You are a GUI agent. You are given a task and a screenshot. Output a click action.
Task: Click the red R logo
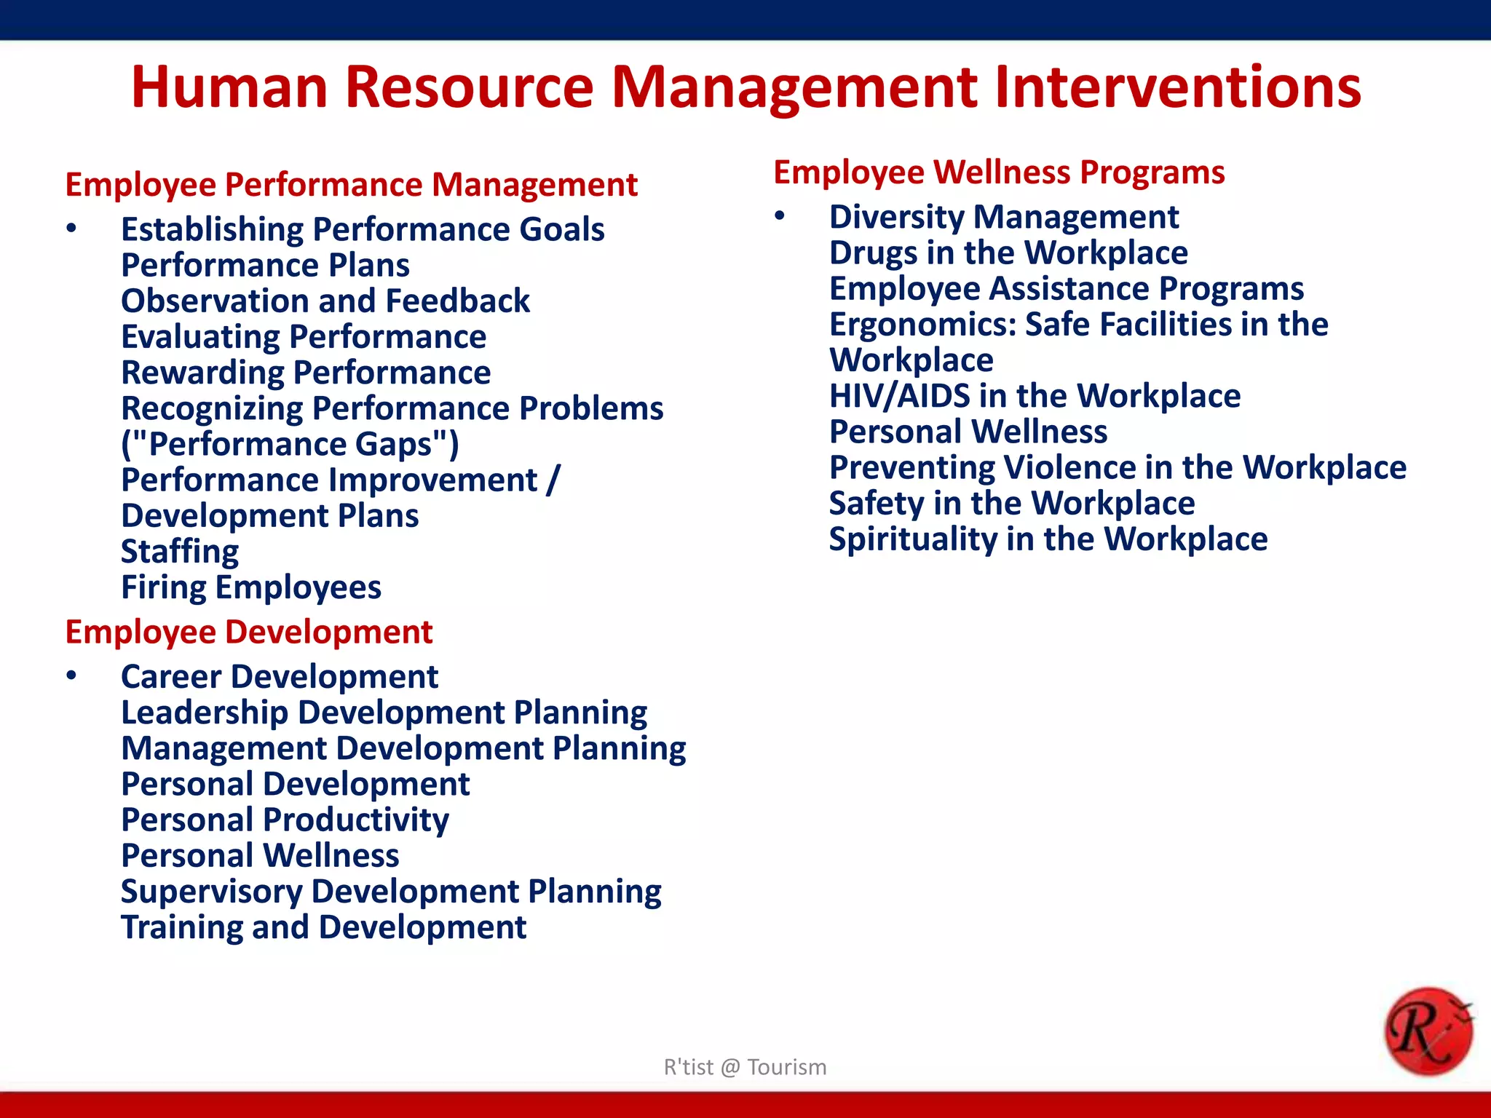(1428, 1031)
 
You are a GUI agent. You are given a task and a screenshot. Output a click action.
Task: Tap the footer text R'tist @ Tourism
(745, 1067)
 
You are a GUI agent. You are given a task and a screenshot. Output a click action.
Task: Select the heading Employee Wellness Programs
(999, 173)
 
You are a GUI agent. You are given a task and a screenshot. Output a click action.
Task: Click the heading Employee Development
(249, 632)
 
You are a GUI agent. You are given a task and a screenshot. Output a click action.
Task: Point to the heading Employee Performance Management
(351, 185)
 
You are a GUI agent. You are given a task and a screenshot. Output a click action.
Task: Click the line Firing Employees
(251, 587)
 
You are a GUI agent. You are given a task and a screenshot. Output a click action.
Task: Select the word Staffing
(180, 552)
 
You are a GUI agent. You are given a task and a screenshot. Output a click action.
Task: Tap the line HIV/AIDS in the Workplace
(1035, 396)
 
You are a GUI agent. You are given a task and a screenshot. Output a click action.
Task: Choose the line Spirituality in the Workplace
(1048, 539)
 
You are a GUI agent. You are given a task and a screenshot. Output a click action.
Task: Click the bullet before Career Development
(71, 676)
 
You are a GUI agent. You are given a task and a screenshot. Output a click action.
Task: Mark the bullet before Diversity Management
(780, 216)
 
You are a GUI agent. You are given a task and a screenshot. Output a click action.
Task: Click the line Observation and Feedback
(325, 301)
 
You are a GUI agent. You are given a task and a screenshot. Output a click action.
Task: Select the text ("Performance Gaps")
(290, 445)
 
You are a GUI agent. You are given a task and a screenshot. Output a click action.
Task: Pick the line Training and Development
(323, 927)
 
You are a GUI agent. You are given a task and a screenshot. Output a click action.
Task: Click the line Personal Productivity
(285, 820)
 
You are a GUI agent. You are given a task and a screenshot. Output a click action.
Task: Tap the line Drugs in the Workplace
(1008, 253)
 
